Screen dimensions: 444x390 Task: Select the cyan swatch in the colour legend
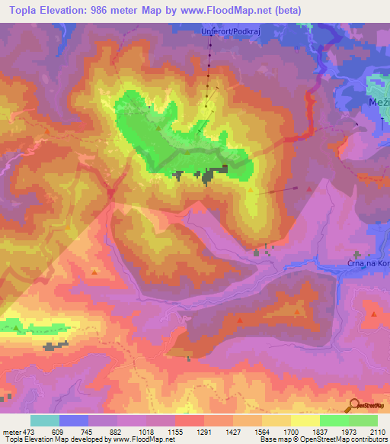[44, 420]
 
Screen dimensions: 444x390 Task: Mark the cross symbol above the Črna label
[356, 255]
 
